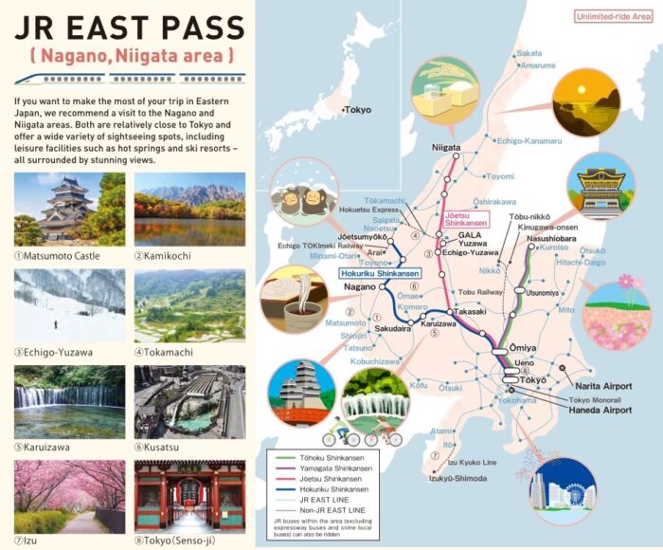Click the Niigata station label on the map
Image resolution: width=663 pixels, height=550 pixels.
click(x=446, y=148)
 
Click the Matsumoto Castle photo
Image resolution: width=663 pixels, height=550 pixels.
click(x=69, y=207)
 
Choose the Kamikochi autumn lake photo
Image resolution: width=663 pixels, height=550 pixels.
click(x=189, y=207)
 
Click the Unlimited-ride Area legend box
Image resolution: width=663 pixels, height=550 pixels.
click(x=614, y=16)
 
